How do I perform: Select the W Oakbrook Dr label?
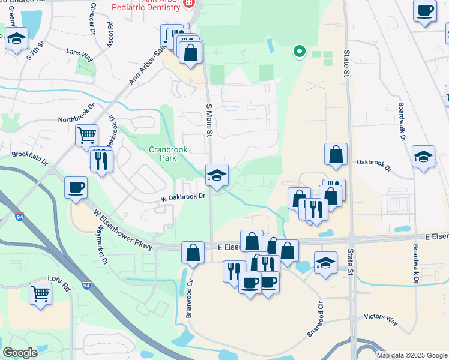click(x=183, y=196)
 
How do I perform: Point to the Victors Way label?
click(x=381, y=318)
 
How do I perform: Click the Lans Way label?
click(x=80, y=55)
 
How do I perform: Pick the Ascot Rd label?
click(x=110, y=35)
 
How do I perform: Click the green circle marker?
click(x=298, y=51)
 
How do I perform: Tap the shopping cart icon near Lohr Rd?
click(x=40, y=294)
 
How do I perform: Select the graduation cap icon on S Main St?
click(x=217, y=175)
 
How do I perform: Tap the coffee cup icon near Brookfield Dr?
click(x=76, y=187)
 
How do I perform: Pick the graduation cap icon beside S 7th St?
click(x=17, y=38)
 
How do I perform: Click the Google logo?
click(x=20, y=353)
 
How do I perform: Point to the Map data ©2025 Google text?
click(x=411, y=355)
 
